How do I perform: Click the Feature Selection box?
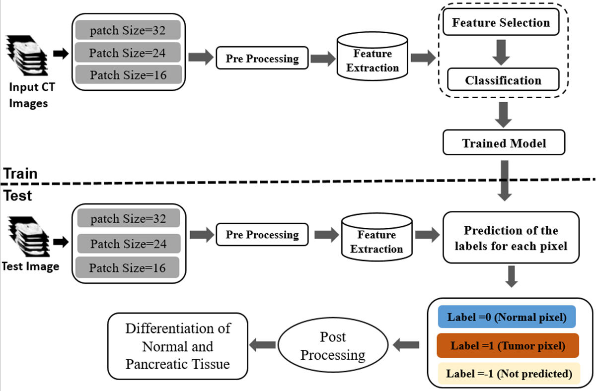(501, 22)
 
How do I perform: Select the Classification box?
(503, 80)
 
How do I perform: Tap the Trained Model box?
(504, 142)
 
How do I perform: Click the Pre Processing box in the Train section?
(262, 58)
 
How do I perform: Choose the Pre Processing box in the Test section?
(262, 234)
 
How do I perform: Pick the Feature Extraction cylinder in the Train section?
(372, 57)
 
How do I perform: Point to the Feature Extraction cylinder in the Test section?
(377, 237)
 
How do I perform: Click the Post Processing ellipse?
(333, 345)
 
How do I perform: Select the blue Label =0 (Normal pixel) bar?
(507, 317)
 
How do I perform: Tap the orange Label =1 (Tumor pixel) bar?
(508, 345)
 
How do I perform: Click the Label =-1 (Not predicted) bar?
(509, 374)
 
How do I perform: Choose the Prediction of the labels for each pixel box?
(511, 238)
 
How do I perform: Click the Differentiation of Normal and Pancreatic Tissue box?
(178, 346)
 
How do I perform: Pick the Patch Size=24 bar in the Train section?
(128, 53)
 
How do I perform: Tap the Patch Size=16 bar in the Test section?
(128, 267)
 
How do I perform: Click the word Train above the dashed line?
(20, 173)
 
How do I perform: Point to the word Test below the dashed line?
(17, 195)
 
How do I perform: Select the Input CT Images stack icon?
(27, 55)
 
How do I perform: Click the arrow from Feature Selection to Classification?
(501, 53)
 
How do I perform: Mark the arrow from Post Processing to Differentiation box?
(263, 345)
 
